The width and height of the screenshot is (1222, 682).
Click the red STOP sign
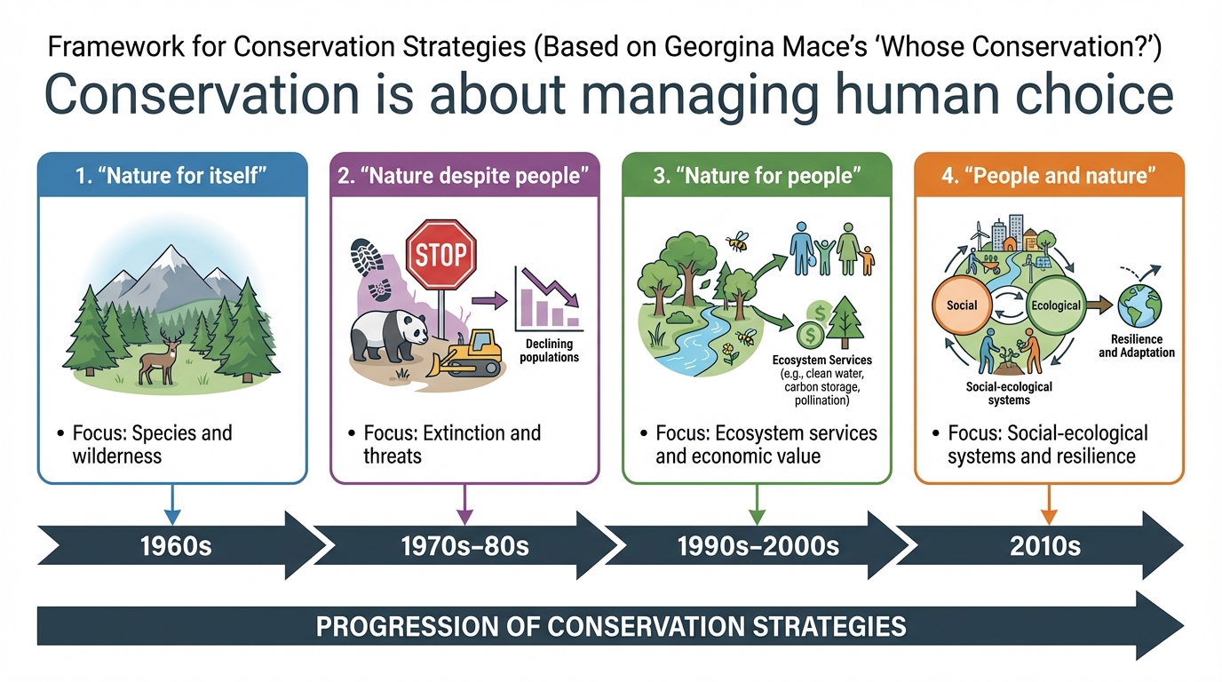440,254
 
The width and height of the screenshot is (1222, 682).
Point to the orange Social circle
961,305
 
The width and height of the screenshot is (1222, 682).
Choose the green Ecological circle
1055,305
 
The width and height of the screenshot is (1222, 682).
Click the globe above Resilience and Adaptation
1139,306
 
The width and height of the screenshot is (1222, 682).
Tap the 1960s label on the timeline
176,546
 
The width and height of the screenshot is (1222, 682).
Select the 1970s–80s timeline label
464,546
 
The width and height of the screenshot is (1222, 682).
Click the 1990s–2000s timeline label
758,546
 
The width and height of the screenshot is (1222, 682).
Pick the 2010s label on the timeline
1044,546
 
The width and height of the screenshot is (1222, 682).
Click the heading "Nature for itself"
171,176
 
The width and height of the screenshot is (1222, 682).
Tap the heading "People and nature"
1048,176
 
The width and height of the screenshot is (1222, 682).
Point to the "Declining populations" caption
549,350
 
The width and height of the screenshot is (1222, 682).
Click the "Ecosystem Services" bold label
821,361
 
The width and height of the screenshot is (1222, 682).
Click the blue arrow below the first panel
172,504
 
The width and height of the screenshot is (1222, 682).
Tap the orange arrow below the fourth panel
1049,504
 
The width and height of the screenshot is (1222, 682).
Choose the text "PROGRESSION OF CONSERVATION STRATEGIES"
610,626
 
